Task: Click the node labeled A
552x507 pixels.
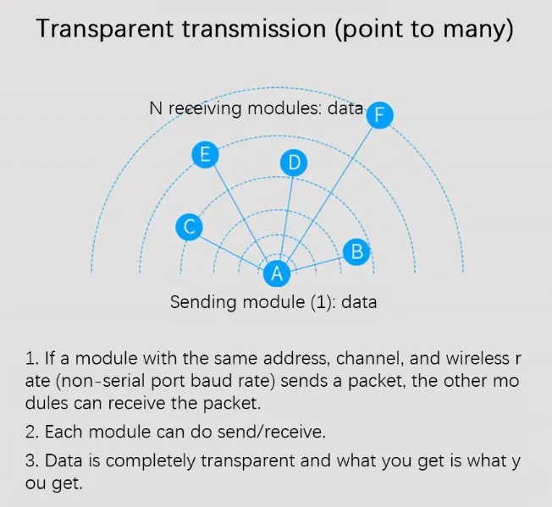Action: pos(275,273)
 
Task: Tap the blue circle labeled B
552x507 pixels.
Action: pos(356,251)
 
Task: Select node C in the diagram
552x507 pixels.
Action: pos(190,227)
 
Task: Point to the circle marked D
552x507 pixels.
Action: pos(294,163)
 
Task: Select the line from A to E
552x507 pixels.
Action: pos(240,213)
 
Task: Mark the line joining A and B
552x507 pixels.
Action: pos(315,262)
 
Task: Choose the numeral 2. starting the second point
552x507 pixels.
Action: pos(32,432)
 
